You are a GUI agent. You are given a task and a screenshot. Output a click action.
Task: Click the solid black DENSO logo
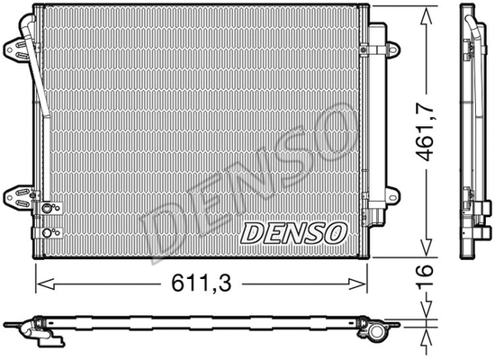(x=292, y=232)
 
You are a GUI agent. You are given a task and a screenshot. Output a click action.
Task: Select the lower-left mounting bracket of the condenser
(x=17, y=194)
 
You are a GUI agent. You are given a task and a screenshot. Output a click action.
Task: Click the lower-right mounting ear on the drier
(x=392, y=193)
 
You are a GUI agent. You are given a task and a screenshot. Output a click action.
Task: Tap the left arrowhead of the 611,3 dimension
(x=39, y=283)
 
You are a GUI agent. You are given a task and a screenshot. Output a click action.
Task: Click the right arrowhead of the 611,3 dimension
(x=364, y=283)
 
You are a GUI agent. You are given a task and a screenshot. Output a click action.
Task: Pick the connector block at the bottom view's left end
(x=45, y=334)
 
